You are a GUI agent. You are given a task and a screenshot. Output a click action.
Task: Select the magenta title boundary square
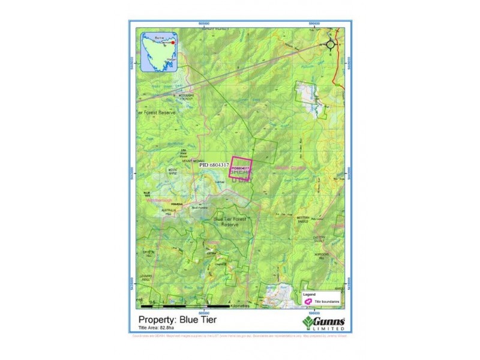pyautogui.click(x=242, y=167)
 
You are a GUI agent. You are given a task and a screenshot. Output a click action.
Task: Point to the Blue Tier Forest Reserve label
pyautogui.click(x=230, y=222)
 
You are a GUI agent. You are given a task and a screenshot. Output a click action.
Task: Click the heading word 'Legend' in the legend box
pyautogui.click(x=309, y=295)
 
